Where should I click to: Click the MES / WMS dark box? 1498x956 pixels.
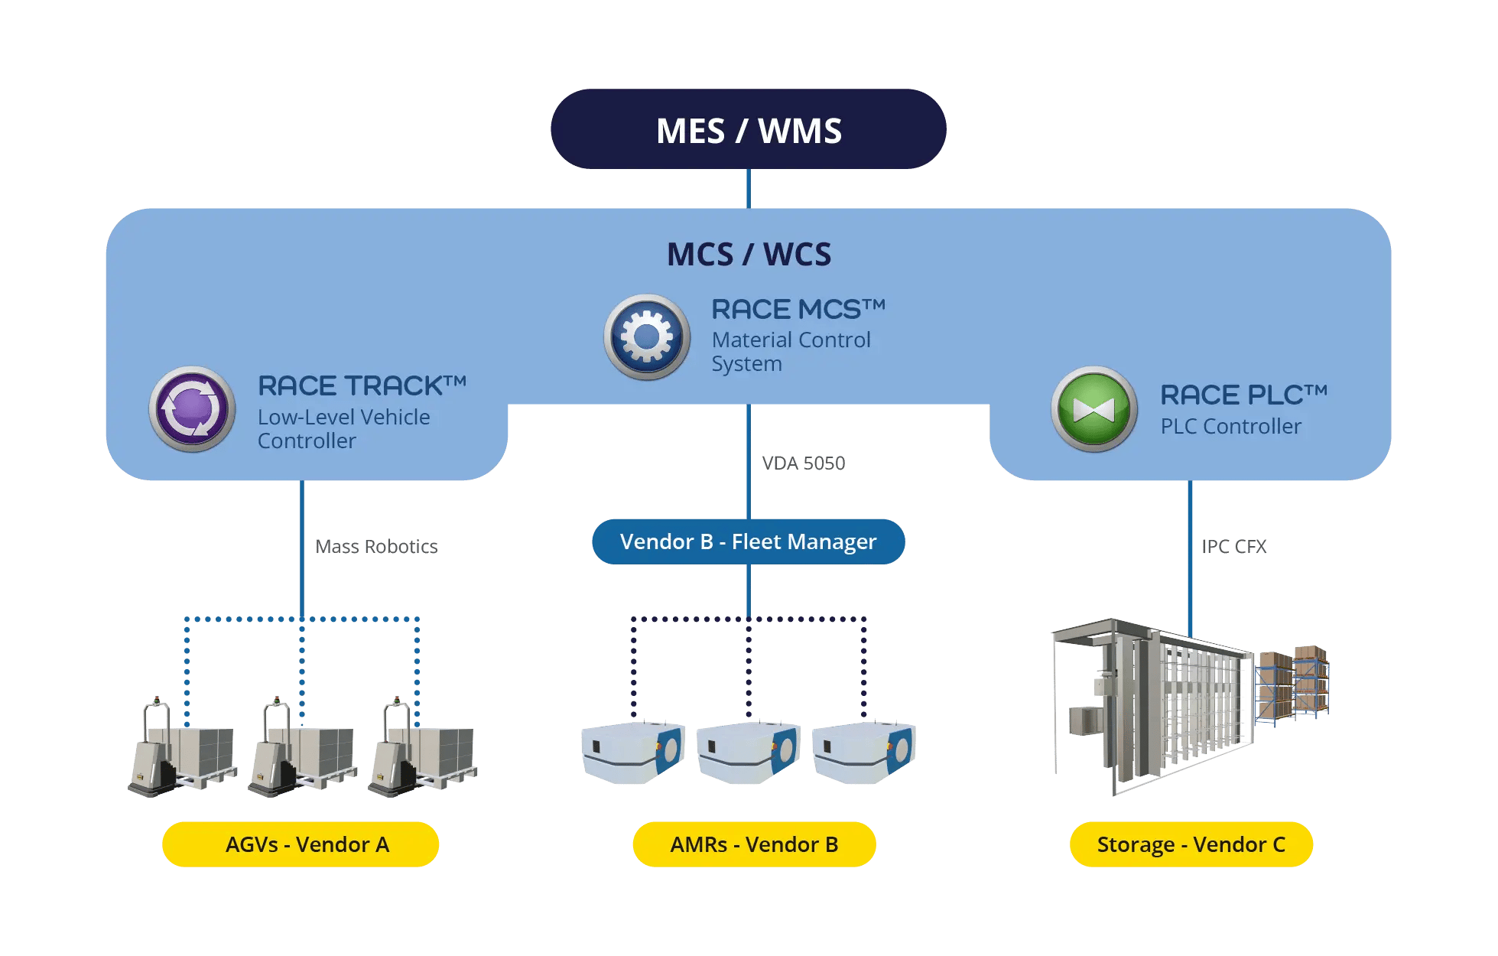point(748,129)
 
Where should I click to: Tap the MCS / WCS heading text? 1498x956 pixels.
point(749,254)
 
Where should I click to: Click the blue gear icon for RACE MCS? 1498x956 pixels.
point(647,337)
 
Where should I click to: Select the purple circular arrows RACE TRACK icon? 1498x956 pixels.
point(192,408)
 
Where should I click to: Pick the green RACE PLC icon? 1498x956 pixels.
point(1094,409)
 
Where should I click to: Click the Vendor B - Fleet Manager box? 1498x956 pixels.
point(748,541)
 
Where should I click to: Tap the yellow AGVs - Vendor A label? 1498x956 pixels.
point(301,844)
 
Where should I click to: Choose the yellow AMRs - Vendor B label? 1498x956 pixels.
point(754,844)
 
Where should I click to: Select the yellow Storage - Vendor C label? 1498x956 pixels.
point(1191,844)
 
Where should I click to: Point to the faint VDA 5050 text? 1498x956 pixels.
point(803,463)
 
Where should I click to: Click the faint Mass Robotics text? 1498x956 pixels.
point(376,546)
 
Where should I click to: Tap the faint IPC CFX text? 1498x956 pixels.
point(1234,547)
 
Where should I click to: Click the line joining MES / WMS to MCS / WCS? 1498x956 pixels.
point(748,188)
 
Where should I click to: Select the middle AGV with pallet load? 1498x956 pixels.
point(302,750)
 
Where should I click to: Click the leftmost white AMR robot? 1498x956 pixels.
point(632,753)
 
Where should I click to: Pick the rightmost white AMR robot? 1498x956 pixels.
point(864,753)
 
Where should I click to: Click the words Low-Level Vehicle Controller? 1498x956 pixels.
point(343,428)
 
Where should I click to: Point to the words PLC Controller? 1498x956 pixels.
point(1230,426)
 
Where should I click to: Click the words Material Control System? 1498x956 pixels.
point(791,351)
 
